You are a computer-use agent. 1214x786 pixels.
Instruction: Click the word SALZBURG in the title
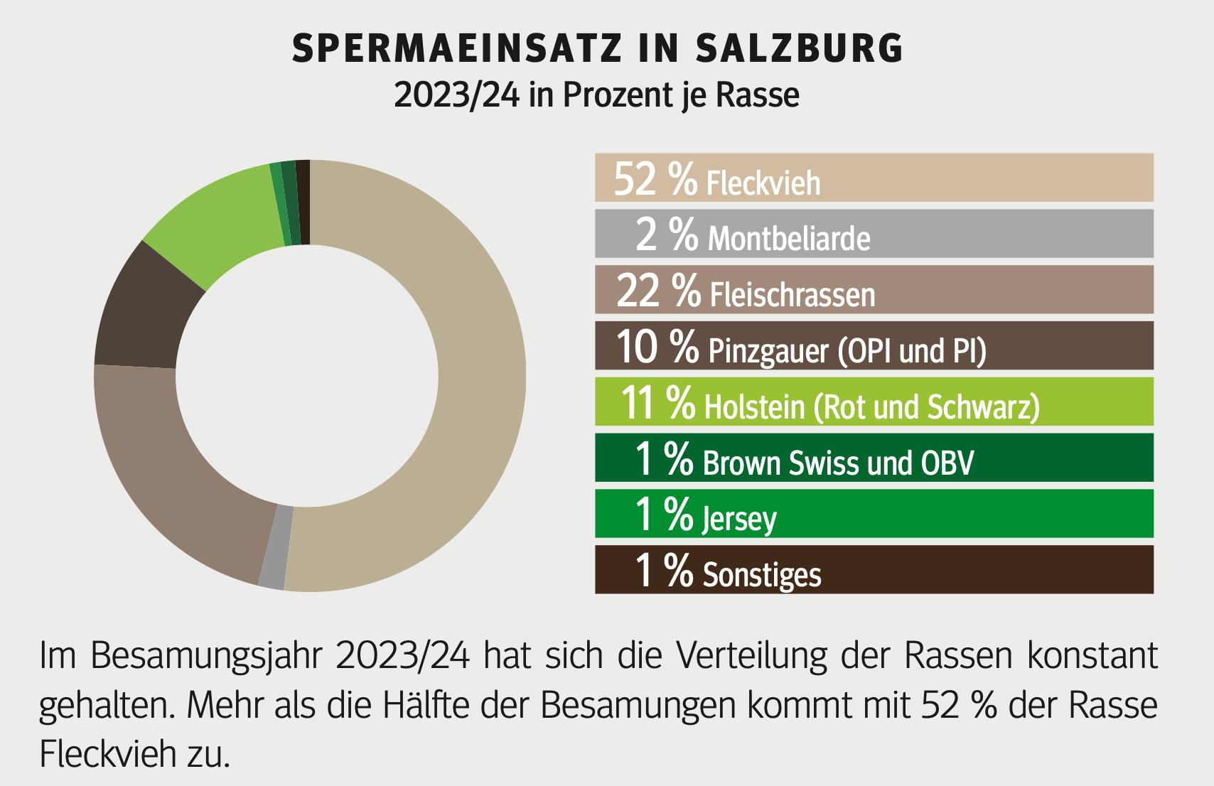[x=799, y=48]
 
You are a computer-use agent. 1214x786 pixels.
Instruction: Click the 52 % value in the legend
[x=655, y=178]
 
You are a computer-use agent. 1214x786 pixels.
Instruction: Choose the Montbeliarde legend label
[x=789, y=238]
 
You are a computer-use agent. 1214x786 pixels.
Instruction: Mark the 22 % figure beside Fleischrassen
[x=658, y=291]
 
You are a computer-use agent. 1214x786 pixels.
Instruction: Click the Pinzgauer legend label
[x=768, y=350]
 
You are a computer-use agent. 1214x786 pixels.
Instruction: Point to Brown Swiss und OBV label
[x=838, y=463]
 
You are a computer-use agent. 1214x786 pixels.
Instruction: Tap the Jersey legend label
[x=739, y=518]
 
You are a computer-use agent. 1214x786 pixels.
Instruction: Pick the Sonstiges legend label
[x=762, y=574]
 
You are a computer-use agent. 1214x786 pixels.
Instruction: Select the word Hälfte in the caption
[x=426, y=705]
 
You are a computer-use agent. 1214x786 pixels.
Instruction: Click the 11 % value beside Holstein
[x=657, y=403]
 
